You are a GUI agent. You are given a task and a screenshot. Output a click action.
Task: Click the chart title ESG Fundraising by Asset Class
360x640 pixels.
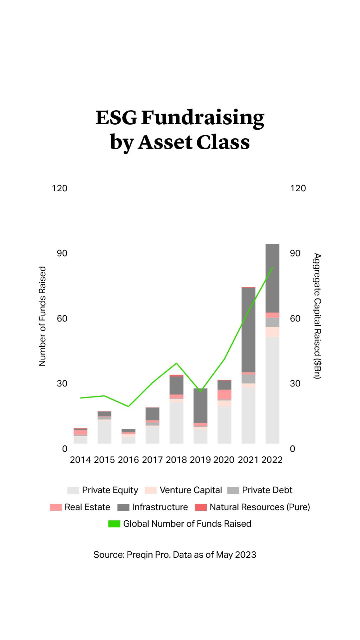180,130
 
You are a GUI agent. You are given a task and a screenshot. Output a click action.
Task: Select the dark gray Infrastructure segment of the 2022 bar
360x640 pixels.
272,278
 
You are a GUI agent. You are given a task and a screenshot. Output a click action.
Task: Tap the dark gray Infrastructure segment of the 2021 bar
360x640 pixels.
248,330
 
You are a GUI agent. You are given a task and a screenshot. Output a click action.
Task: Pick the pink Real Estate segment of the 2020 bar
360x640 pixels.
224,394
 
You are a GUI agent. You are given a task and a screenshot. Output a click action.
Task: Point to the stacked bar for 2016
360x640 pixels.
128,436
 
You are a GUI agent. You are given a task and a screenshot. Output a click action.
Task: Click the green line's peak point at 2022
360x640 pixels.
272,268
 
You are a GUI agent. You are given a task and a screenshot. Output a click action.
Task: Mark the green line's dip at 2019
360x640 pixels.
200,391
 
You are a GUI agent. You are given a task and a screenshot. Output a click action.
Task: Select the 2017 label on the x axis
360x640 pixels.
152,460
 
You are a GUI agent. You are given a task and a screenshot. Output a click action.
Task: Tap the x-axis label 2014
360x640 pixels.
80,460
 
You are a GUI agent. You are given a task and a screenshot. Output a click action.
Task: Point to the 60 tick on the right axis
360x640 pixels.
295,319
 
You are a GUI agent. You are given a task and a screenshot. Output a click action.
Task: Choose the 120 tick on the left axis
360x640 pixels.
60,188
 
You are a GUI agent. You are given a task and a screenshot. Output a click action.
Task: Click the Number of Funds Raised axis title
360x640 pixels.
42,316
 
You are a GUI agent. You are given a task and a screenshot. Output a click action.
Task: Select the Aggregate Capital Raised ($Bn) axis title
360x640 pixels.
317,316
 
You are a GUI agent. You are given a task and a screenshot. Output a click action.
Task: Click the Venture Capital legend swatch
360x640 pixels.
151,490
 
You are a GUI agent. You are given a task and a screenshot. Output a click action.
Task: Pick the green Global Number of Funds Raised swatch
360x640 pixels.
114,524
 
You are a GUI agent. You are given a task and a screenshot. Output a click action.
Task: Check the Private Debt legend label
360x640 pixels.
267,490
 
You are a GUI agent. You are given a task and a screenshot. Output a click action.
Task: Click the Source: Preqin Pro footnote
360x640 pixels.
175,555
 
